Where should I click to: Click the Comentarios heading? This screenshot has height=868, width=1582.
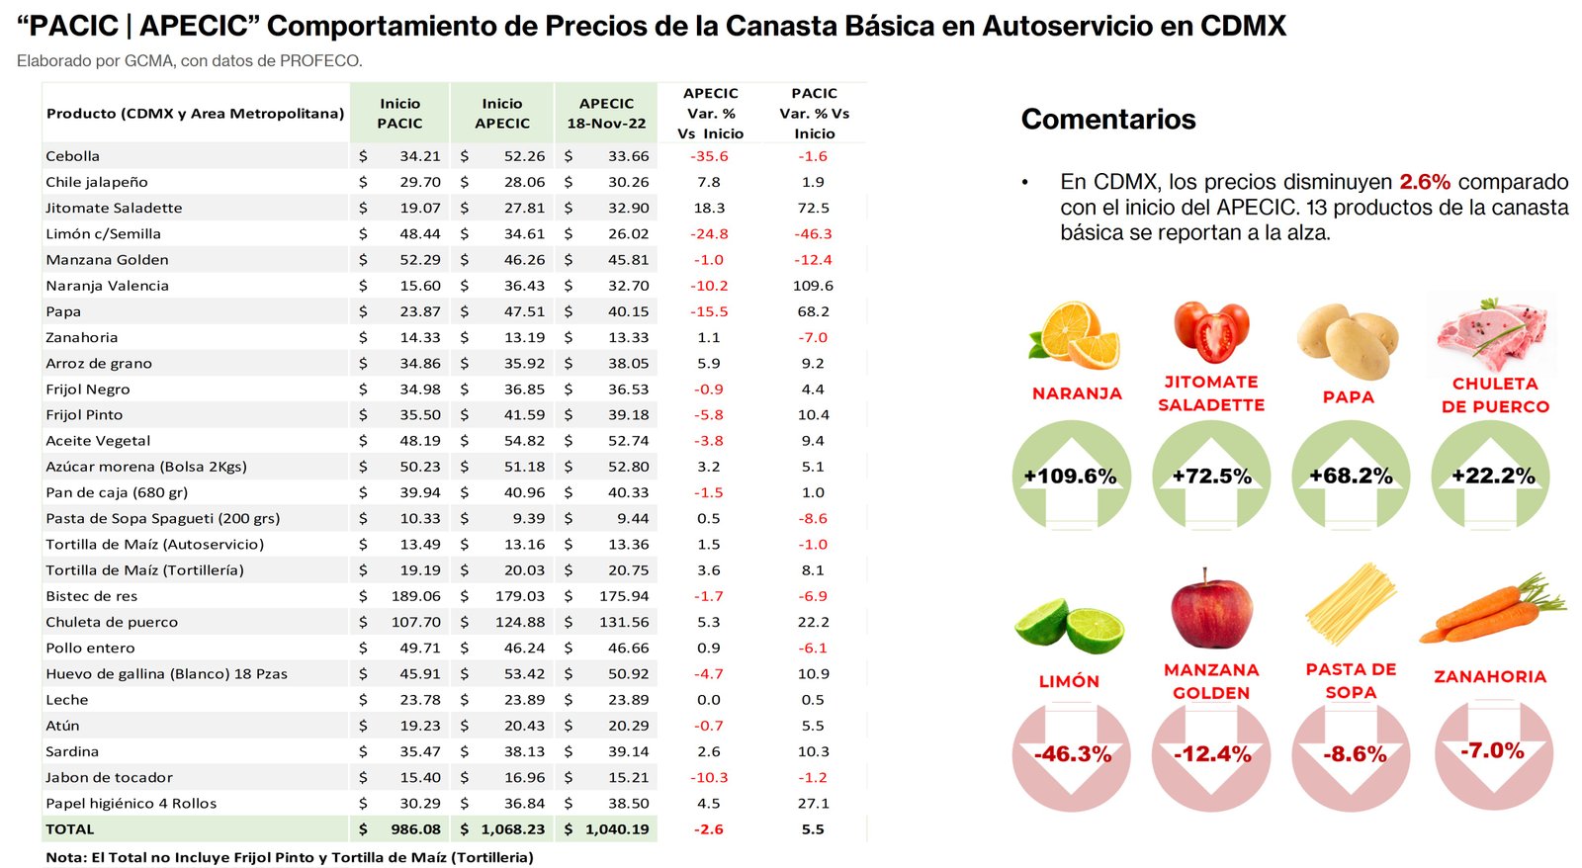click(1107, 120)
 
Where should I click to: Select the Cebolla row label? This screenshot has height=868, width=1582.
click(73, 156)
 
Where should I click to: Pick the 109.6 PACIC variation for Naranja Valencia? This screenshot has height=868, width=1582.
click(813, 286)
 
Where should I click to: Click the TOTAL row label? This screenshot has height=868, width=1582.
click(70, 829)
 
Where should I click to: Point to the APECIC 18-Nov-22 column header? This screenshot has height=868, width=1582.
click(606, 114)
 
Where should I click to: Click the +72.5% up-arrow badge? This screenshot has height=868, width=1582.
click(1211, 477)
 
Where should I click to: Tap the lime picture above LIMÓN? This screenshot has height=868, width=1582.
click(1069, 626)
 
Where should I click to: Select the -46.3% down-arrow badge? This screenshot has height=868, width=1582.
click(1072, 754)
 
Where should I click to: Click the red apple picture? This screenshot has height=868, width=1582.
click(1210, 610)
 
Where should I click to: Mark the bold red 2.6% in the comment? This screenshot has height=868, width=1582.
click(1424, 182)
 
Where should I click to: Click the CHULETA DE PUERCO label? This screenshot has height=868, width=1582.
click(1494, 394)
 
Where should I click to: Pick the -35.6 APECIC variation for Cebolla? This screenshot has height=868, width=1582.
click(709, 156)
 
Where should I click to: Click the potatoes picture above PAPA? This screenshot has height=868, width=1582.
click(1348, 340)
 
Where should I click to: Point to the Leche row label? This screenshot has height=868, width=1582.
click(67, 700)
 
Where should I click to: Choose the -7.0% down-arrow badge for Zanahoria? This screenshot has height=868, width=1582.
click(1492, 751)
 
